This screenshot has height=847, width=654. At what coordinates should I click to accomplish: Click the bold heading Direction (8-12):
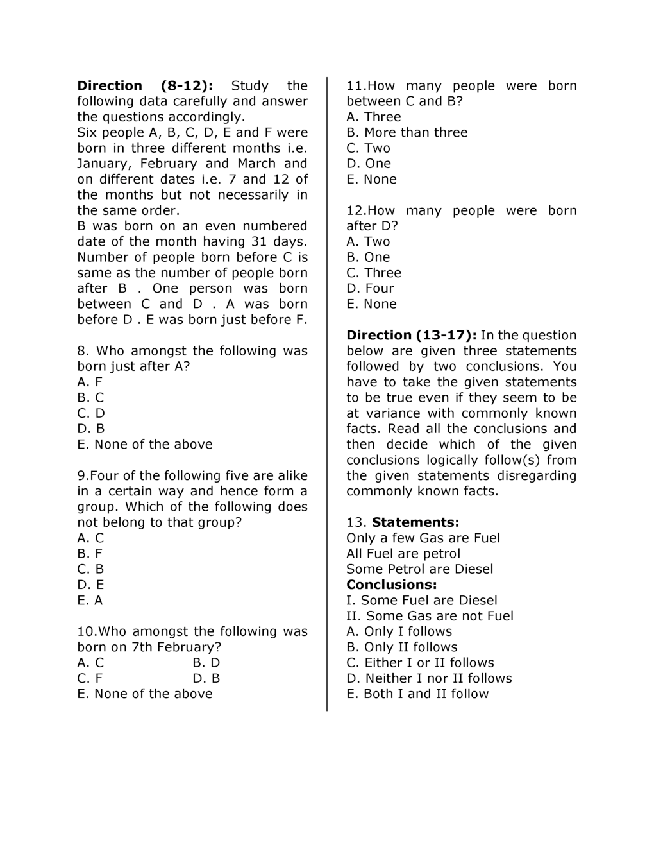(x=145, y=86)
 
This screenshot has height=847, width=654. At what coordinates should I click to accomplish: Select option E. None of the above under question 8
(x=144, y=444)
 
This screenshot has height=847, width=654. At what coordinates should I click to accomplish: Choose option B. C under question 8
(x=90, y=397)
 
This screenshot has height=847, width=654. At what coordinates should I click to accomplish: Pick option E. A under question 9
(x=90, y=600)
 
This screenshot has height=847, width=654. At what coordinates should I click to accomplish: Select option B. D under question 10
(x=206, y=662)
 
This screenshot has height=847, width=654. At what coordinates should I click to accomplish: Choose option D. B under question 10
(x=206, y=678)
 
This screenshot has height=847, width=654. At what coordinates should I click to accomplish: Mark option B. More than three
(x=407, y=132)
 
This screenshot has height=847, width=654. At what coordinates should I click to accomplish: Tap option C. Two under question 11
(x=368, y=148)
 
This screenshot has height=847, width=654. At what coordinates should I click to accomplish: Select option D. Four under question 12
(x=370, y=288)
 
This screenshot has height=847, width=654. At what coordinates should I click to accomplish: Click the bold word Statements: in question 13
(x=415, y=522)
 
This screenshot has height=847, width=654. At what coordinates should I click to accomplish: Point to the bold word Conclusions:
(x=391, y=585)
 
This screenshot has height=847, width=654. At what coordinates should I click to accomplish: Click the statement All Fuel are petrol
(x=403, y=553)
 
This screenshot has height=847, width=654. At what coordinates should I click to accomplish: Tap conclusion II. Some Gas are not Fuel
(x=430, y=616)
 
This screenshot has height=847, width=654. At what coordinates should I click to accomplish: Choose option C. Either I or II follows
(x=420, y=662)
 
